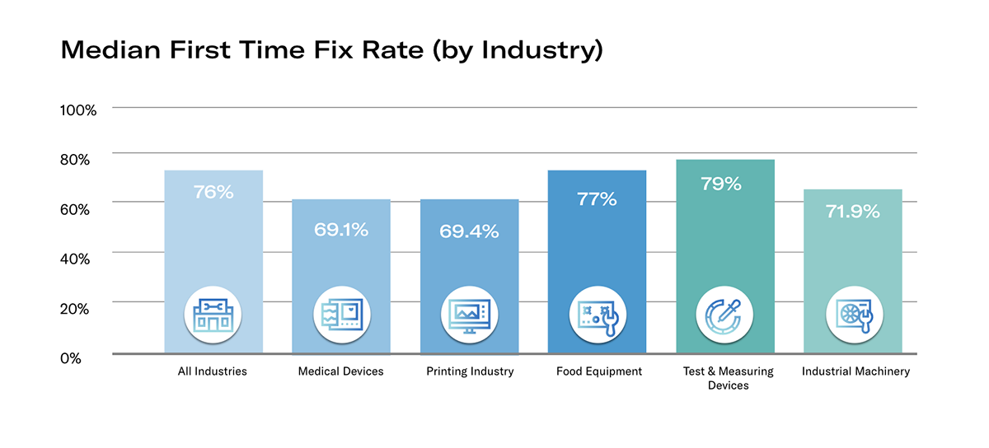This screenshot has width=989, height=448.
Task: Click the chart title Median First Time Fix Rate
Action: (x=332, y=51)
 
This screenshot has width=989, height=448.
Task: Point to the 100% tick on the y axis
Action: (x=79, y=110)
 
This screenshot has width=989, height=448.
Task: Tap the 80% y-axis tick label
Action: (x=81, y=159)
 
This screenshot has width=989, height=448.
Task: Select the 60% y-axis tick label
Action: (x=81, y=208)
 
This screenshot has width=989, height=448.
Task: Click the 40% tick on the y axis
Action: (x=81, y=258)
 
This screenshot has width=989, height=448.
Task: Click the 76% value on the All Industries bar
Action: (x=213, y=193)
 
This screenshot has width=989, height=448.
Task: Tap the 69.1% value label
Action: (x=341, y=229)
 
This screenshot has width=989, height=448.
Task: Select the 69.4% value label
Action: (x=470, y=231)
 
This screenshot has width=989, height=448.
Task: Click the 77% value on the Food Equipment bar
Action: (x=597, y=199)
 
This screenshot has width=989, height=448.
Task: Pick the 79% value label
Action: (x=721, y=184)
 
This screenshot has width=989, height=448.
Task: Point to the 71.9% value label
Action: (x=853, y=212)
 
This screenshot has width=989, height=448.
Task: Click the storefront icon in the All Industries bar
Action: (x=213, y=315)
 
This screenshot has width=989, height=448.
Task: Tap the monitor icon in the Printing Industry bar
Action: (x=470, y=315)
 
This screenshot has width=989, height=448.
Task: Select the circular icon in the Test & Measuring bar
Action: (x=724, y=315)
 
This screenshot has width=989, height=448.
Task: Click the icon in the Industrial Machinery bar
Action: (x=853, y=315)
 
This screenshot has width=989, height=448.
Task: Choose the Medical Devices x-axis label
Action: (x=340, y=371)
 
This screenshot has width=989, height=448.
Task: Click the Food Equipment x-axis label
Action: (x=599, y=371)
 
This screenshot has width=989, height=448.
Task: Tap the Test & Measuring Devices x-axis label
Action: (x=728, y=378)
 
